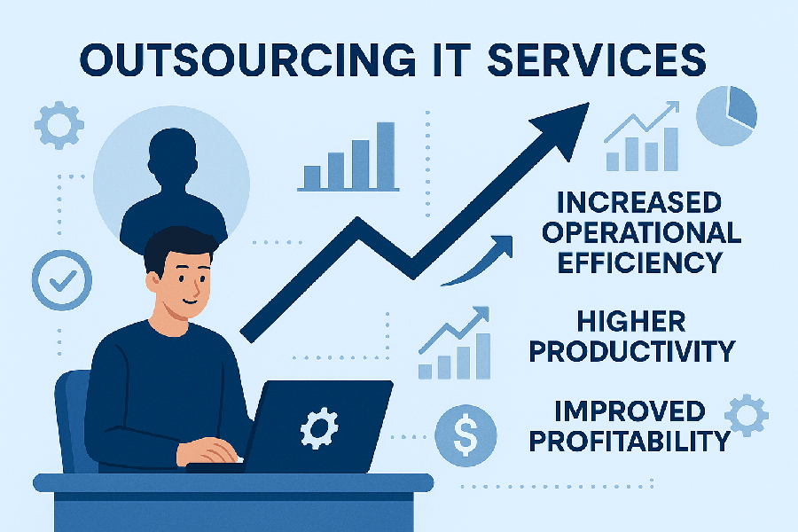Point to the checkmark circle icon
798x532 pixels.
(61, 281)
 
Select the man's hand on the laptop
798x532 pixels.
(213, 450)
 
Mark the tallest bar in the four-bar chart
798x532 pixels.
(386, 154)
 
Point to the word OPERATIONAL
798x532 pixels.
(642, 232)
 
